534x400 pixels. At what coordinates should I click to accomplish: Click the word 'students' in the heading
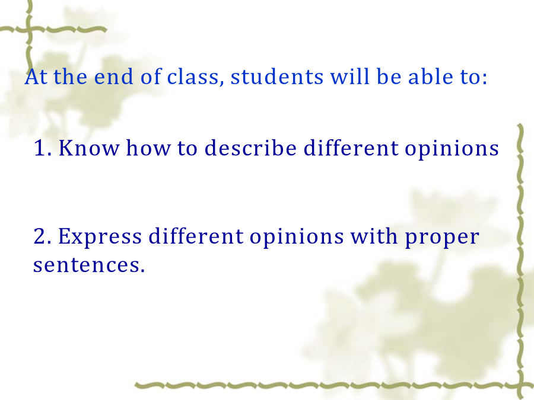pyautogui.click(x=277, y=76)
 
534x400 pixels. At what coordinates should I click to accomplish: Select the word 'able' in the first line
pyautogui.click(x=430, y=76)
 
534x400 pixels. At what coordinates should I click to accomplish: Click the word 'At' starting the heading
pyautogui.click(x=36, y=76)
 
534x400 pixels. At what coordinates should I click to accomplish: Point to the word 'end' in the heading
pyautogui.click(x=113, y=76)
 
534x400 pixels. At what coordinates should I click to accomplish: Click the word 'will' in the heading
pyautogui.click(x=349, y=76)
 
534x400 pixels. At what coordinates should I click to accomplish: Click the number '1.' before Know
pyautogui.click(x=43, y=148)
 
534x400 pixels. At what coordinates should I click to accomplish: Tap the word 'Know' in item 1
pyautogui.click(x=89, y=148)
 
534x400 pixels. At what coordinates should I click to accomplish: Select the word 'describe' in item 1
pyautogui.click(x=250, y=148)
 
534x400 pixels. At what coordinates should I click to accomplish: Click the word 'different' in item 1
pyautogui.click(x=351, y=148)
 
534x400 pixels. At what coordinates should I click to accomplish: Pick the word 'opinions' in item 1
pyautogui.click(x=452, y=149)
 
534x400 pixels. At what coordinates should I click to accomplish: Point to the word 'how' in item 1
pyautogui.click(x=148, y=148)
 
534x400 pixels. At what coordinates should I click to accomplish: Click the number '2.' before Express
pyautogui.click(x=43, y=236)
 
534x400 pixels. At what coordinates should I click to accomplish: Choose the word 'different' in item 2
pyautogui.click(x=196, y=236)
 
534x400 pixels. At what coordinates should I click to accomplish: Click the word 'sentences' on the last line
pyautogui.click(x=87, y=265)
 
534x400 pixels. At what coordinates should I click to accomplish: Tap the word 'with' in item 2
pyautogui.click(x=374, y=236)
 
